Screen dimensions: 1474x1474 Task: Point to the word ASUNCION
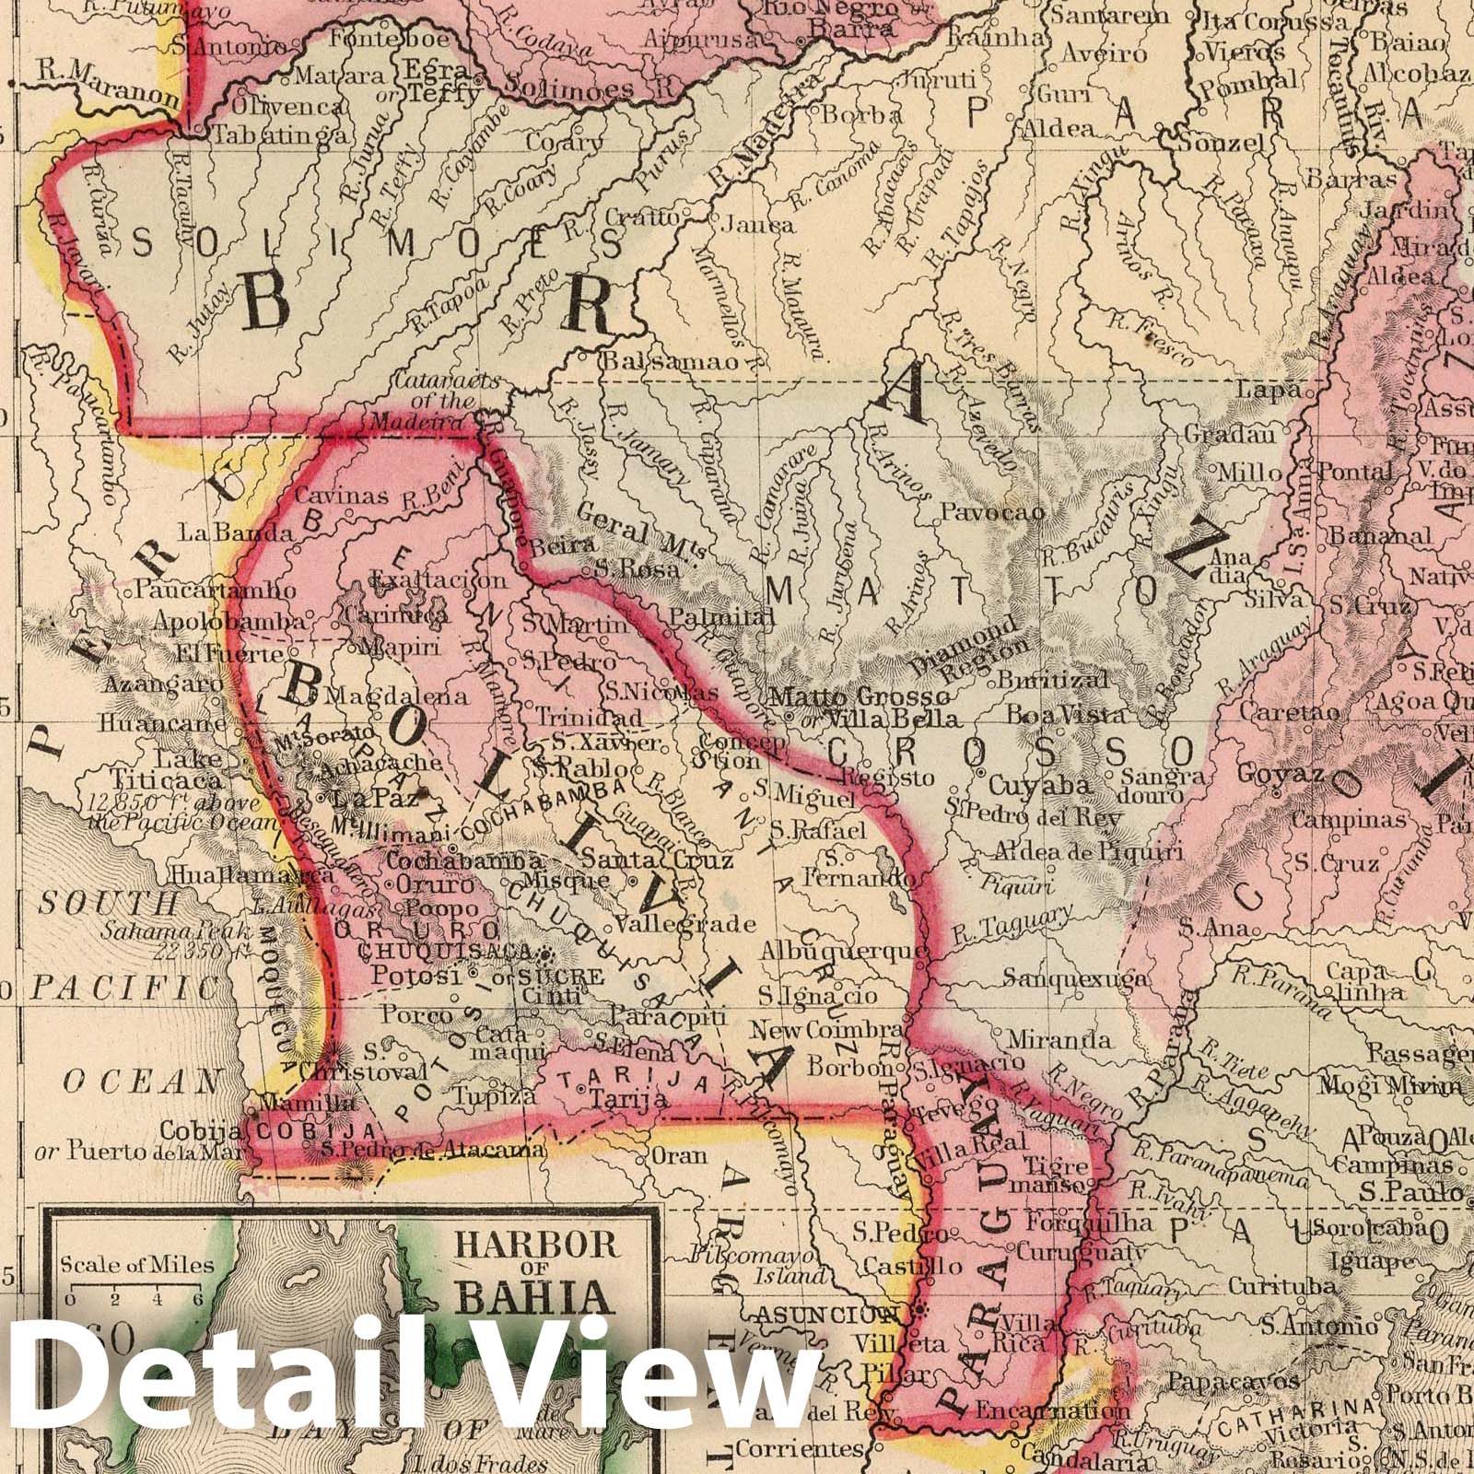[x=826, y=1314]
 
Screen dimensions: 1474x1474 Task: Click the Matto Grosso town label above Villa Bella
[x=859, y=696]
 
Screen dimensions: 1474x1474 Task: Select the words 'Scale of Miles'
[x=137, y=1265]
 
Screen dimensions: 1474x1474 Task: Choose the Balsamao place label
[x=670, y=361]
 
